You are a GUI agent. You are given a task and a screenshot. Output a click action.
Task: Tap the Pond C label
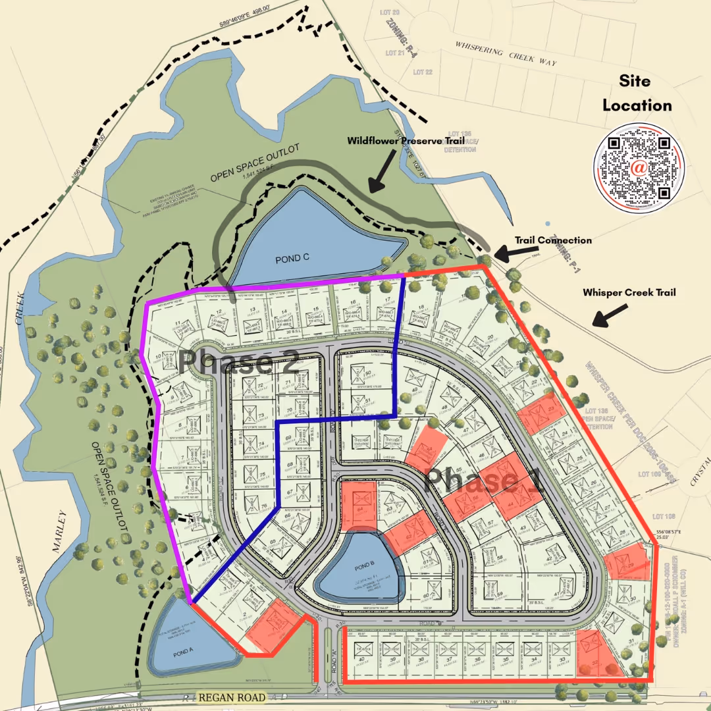pyautogui.click(x=293, y=258)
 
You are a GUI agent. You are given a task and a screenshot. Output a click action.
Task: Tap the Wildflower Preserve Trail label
pyautogui.click(x=410, y=140)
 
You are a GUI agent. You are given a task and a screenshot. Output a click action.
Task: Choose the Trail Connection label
pyautogui.click(x=553, y=240)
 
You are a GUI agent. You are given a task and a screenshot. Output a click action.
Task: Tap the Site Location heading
pyautogui.click(x=637, y=93)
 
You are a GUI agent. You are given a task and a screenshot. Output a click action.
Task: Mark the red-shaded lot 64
pyautogui.click(x=359, y=506)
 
